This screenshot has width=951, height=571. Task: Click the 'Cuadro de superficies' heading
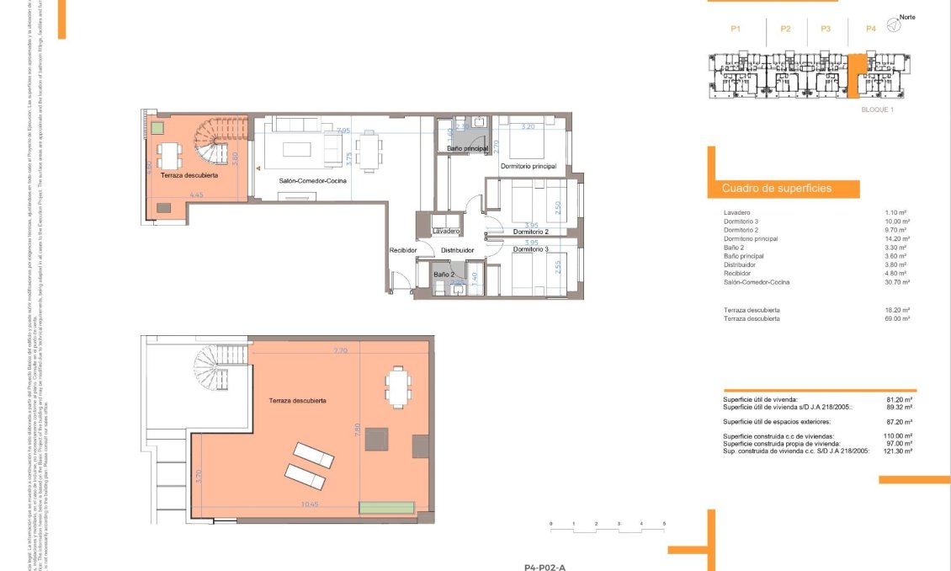776,189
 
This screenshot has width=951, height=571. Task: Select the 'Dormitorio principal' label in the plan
528,167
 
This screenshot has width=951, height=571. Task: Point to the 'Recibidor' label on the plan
404,250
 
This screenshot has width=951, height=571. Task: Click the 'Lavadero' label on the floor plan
445,231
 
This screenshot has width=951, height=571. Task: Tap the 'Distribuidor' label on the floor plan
458,250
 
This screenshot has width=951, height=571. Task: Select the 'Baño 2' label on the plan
444,275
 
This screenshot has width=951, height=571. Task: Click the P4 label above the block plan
870,29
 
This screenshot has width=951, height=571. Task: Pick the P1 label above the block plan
735,29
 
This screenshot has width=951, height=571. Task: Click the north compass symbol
895,26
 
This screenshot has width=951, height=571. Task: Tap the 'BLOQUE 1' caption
877,109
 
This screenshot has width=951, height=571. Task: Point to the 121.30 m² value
899,451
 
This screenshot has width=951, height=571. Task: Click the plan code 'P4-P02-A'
545,568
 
